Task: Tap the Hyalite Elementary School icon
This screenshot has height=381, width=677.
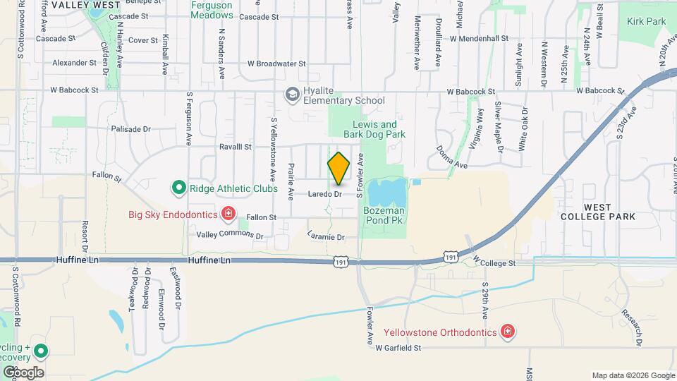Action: coord(291,95)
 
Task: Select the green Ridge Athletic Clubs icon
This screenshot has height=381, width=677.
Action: coord(178,188)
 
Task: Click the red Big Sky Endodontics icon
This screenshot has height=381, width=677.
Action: coord(227,212)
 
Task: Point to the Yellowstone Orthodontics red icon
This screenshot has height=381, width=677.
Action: coord(506,331)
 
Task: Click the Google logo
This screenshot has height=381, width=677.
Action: coord(23,372)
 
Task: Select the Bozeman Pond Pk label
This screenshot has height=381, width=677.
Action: coord(384,215)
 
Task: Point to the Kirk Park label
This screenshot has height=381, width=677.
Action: coord(646,22)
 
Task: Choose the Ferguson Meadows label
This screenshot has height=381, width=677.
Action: coord(212,9)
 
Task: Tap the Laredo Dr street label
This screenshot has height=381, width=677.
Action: coord(325,193)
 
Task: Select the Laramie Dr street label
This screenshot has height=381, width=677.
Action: coord(326,238)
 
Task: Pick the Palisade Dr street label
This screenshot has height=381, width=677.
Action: coord(131,129)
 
